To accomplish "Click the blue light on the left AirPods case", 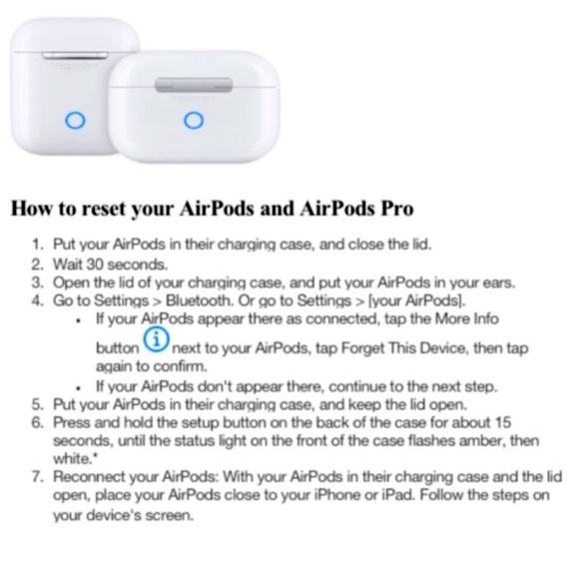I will [70, 121].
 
